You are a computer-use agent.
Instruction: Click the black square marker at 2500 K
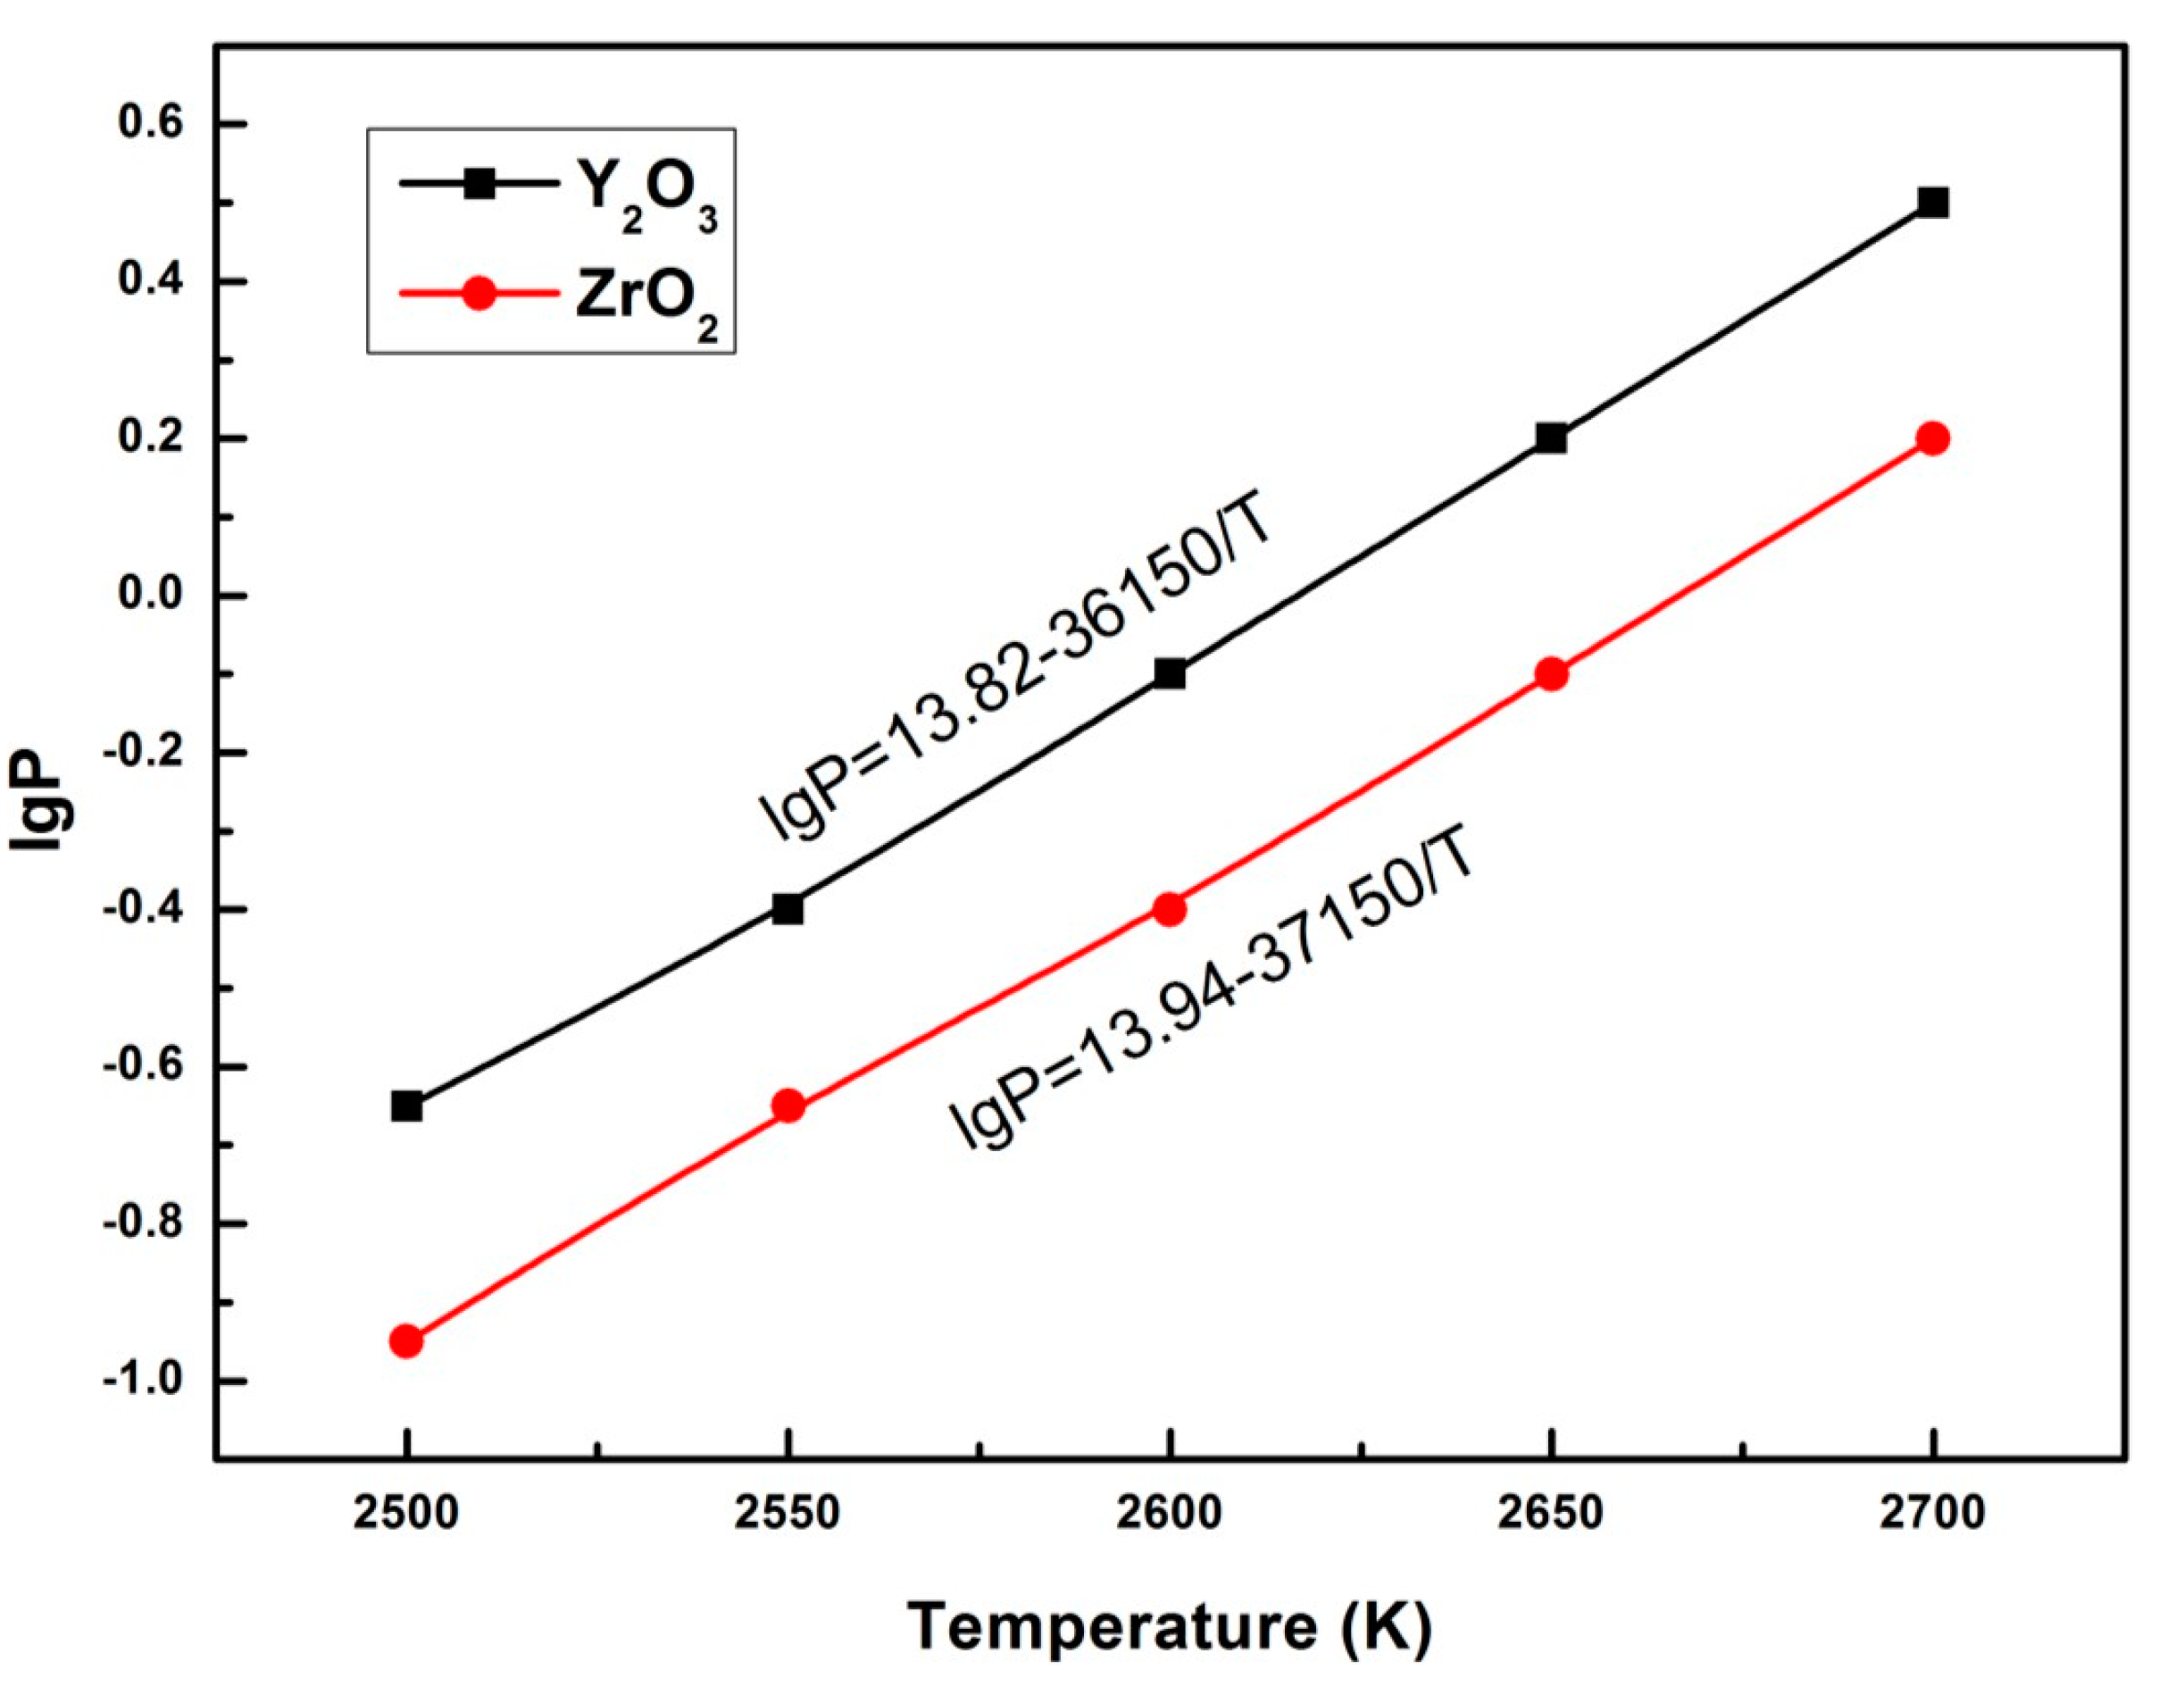click(406, 1106)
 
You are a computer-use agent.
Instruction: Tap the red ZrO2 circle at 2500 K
click(406, 1341)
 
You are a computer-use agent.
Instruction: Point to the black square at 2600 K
click(1171, 674)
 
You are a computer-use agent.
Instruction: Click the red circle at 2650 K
click(1551, 674)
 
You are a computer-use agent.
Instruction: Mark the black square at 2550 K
click(788, 909)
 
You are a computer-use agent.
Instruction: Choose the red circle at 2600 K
click(1171, 909)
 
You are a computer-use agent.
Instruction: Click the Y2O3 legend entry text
click(646, 195)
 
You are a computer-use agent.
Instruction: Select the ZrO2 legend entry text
click(646, 302)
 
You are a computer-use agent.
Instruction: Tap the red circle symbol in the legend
click(479, 293)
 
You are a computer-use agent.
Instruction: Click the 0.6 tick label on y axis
click(151, 125)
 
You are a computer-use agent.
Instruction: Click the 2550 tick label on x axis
click(788, 1514)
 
